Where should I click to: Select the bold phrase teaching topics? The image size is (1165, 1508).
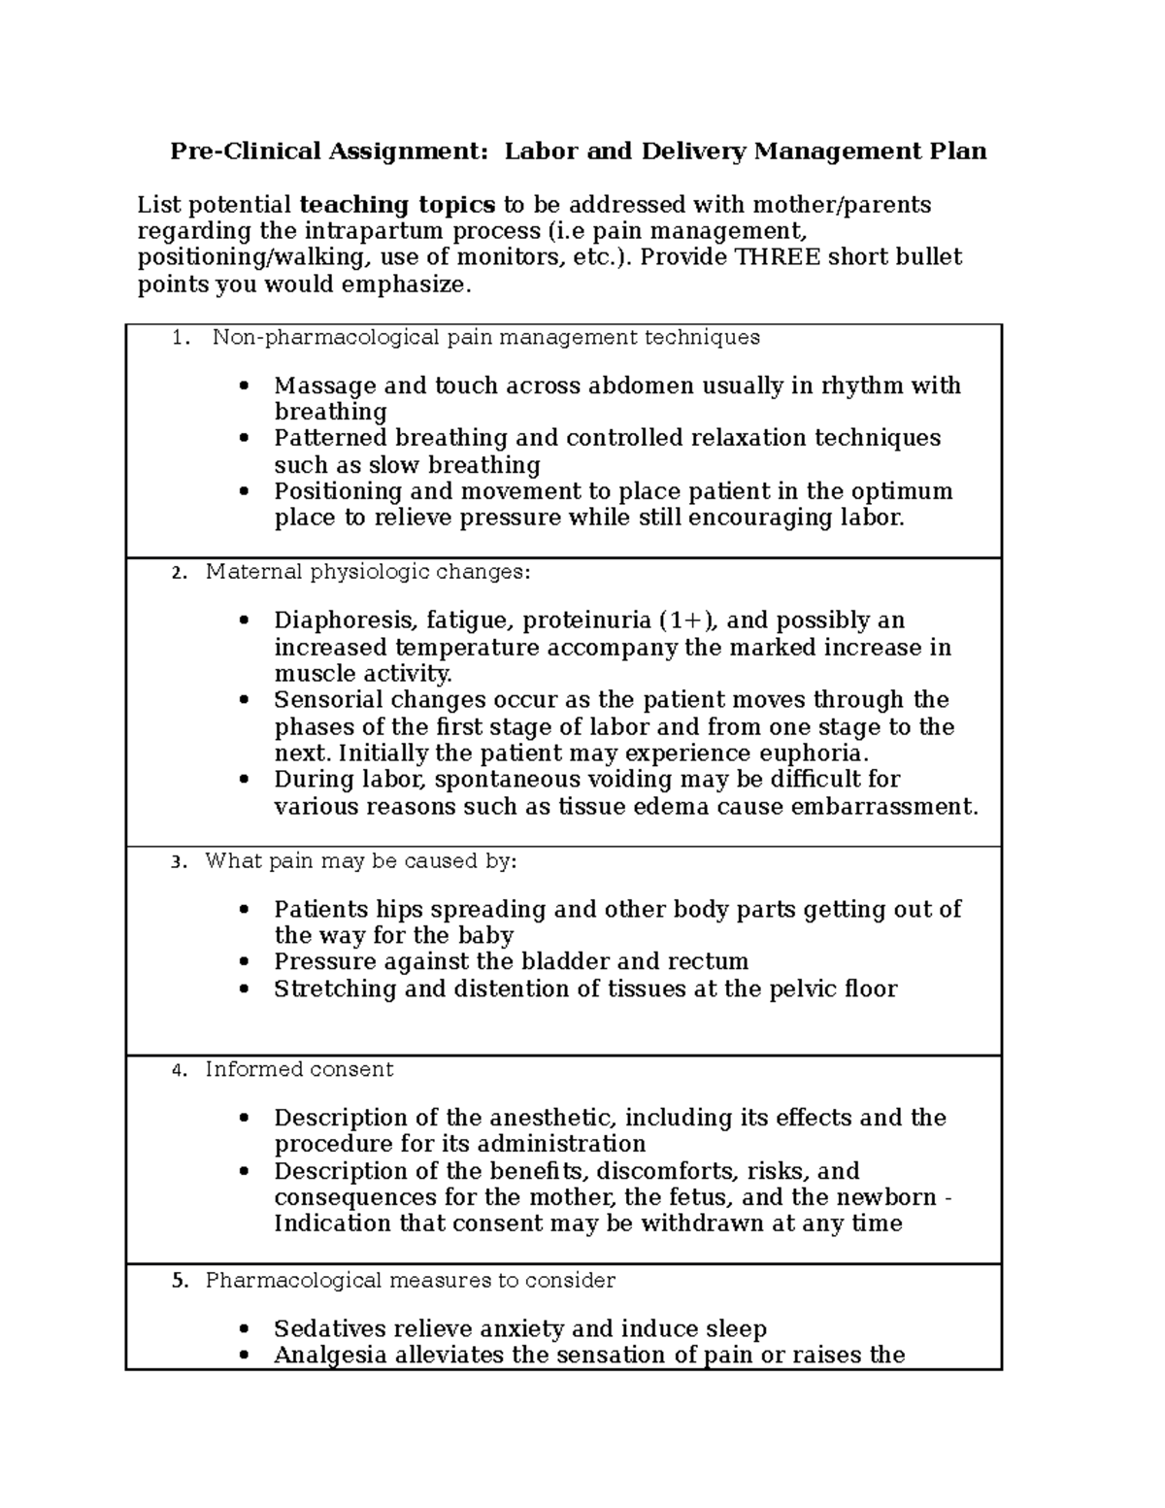(398, 205)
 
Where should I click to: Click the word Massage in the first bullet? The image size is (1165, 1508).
(316, 385)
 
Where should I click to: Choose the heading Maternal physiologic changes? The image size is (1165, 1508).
(368, 572)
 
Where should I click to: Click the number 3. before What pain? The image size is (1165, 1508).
(176, 862)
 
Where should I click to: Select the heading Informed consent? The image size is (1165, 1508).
(299, 1070)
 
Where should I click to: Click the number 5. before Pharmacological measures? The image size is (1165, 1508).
(178, 1281)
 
